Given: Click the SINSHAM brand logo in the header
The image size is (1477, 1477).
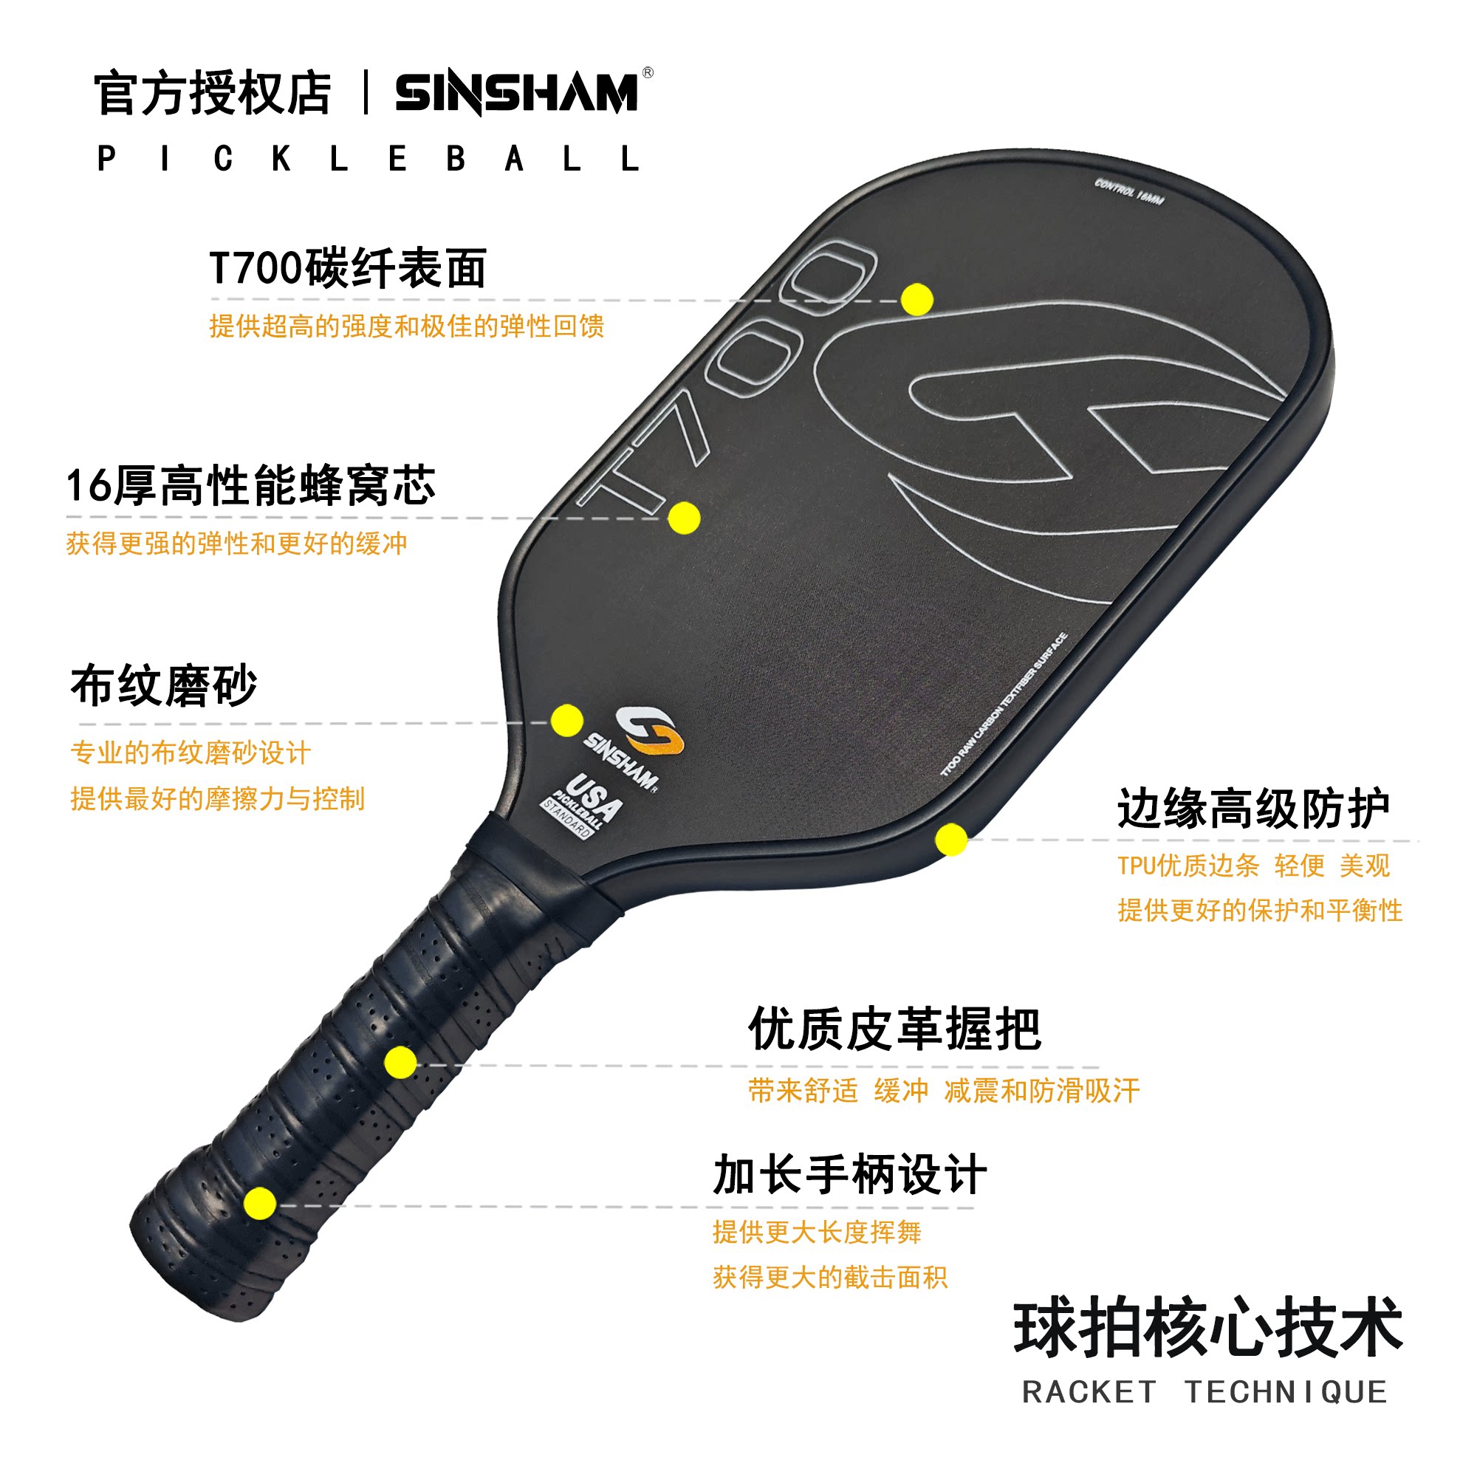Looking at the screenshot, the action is coord(517,92).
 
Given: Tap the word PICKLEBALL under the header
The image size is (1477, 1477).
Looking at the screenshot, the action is coord(368,159).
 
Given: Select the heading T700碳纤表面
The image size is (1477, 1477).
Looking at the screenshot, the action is coord(348,268).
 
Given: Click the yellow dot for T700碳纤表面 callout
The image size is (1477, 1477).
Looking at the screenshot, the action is coord(916,299).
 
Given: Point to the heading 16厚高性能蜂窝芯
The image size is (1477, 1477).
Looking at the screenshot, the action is coord(251,485).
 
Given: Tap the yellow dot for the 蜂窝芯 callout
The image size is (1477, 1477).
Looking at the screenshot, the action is coord(683,518).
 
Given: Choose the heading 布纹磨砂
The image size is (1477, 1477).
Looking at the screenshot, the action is coord(164,686).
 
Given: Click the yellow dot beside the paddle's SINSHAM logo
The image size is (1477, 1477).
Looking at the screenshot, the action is coord(566,721).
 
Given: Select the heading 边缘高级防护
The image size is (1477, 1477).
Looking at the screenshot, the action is coord(1253,808).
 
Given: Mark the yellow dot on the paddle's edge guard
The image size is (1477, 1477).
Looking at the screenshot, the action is coord(950,840).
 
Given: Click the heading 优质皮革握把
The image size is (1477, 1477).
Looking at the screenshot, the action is coord(894,1029).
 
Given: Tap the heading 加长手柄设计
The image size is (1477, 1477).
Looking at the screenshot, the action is coord(849,1174).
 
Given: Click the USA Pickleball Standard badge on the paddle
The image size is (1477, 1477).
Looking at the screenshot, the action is coord(581,806).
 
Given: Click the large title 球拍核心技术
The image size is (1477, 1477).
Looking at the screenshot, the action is coord(1208,1328).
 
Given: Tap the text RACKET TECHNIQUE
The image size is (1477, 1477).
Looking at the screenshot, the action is coord(1204,1392).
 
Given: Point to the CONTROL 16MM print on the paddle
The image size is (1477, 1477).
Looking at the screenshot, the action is coord(1128,191).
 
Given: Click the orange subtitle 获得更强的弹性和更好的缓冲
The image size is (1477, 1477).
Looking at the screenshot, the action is coord(236,544).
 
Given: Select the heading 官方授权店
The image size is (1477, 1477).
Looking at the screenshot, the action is coord(213,93).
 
